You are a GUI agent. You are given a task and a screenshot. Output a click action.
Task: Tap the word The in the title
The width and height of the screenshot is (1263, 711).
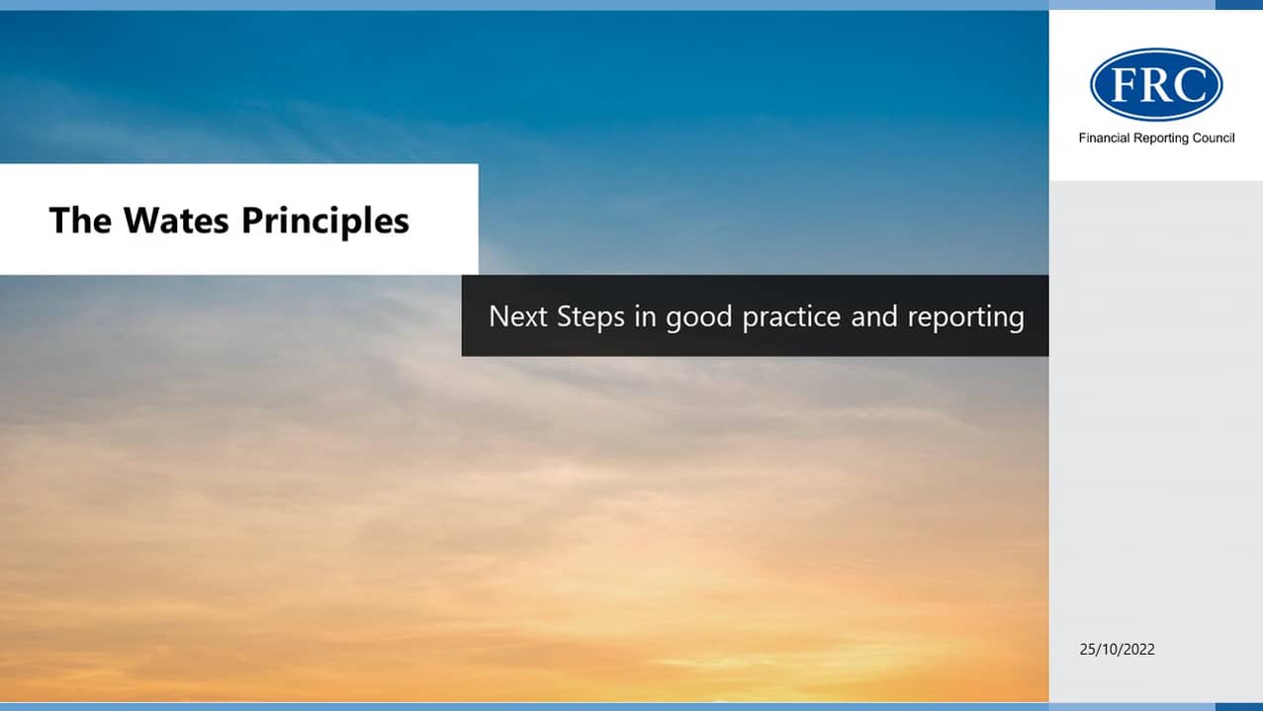point(80,220)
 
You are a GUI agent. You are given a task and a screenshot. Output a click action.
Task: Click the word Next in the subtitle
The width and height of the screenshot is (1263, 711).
point(518,316)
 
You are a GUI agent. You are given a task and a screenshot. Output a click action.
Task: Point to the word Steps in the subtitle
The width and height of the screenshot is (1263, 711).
point(591,317)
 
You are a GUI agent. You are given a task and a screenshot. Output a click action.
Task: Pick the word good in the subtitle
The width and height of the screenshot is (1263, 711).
point(699,317)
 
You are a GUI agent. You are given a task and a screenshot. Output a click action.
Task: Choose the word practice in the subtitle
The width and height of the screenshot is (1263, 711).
point(791,317)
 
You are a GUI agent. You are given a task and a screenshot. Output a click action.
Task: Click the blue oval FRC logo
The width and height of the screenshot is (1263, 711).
point(1156,84)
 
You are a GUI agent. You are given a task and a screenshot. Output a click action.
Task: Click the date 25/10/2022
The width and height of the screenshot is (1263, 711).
point(1117,650)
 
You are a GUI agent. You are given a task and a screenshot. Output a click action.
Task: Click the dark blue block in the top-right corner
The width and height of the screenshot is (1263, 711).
point(1238,5)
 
